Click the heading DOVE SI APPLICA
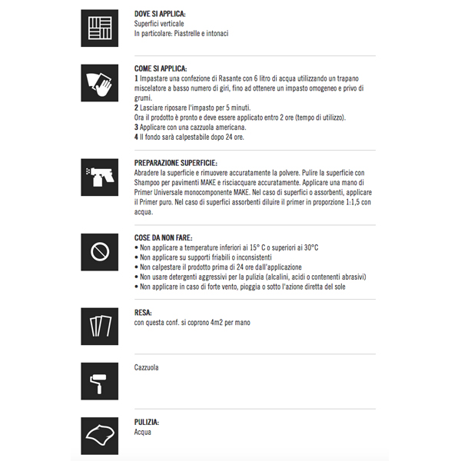[x=160, y=15]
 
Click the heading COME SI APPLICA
[x=161, y=68]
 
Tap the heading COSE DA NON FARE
[x=163, y=237]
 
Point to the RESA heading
[x=143, y=313]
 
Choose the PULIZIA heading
[x=148, y=422]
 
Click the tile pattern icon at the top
[x=99, y=28]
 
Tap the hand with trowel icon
[x=99, y=83]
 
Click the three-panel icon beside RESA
[x=99, y=327]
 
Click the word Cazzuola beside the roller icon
[x=147, y=368]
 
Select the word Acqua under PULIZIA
[x=143, y=432]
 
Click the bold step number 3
[x=136, y=126]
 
